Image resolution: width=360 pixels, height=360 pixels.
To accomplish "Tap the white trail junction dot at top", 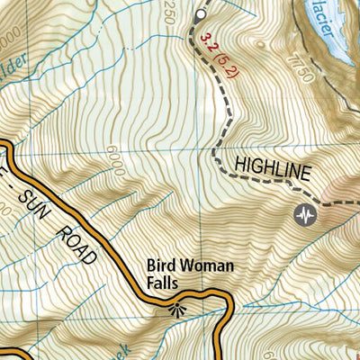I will click(199, 15).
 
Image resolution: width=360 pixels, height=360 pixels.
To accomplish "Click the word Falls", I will click(165, 283).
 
